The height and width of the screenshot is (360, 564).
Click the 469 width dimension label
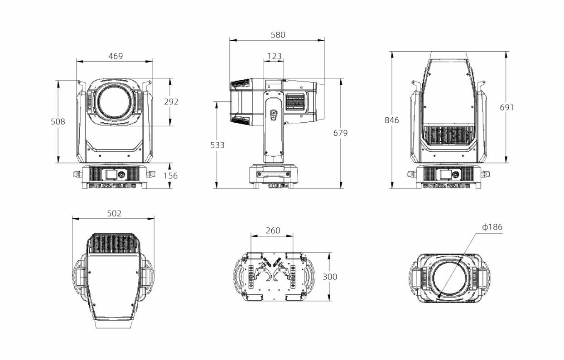coord(116,56)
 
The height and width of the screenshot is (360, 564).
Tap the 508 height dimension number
coord(58,122)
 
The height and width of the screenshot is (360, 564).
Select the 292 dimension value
coord(171,101)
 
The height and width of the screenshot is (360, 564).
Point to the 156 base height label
coord(170,175)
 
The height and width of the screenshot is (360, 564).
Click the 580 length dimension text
coord(278,35)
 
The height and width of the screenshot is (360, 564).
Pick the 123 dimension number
coord(274,56)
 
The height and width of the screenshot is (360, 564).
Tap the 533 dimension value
coord(217,145)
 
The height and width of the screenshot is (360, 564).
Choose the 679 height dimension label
coord(340,133)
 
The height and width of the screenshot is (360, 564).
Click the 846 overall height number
coord(391,120)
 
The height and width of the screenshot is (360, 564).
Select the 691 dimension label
coord(506,107)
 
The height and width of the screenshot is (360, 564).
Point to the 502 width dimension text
coord(114,213)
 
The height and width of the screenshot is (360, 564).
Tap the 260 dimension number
coord(273,230)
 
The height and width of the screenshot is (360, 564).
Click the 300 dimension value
coord(330,277)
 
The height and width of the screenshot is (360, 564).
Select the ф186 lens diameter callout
coord(492,227)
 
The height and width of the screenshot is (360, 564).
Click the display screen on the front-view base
coord(111,174)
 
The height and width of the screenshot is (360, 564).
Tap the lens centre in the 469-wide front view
coord(114,102)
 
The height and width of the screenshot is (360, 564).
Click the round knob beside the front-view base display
coord(121,174)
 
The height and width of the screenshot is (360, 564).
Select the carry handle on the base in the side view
coord(274,174)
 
